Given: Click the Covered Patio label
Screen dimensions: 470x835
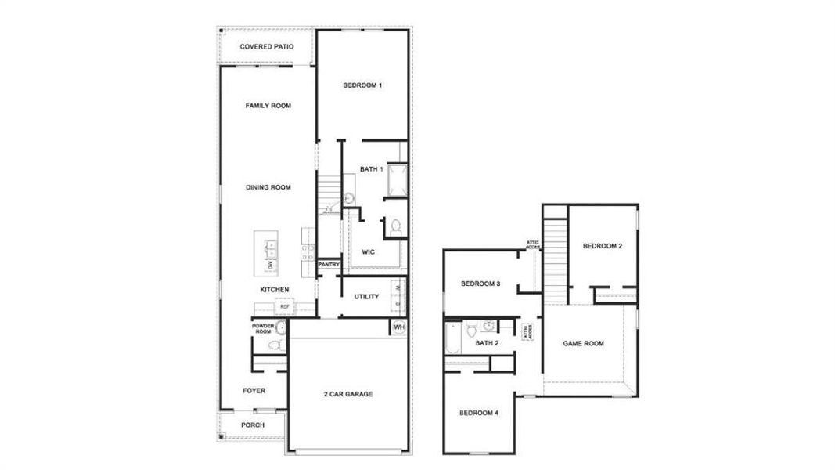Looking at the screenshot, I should tap(267, 47).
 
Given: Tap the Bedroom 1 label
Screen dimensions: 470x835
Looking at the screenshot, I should tap(362, 85).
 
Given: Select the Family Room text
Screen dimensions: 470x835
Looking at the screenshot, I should tap(268, 106).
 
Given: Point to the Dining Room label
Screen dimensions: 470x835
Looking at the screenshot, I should tap(268, 188).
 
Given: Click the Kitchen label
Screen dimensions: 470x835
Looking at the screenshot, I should tap(275, 290).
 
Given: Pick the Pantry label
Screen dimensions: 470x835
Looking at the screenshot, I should tap(329, 265).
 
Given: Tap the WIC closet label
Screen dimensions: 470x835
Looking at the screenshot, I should tap(368, 252).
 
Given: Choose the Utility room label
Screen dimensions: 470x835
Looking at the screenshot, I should tap(366, 297).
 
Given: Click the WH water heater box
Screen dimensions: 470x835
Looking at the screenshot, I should tap(398, 327).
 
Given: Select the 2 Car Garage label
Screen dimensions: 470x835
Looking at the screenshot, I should tap(347, 394).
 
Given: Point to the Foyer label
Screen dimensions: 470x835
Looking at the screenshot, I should tap(254, 390).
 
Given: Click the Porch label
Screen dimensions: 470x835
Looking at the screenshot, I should tap(253, 425).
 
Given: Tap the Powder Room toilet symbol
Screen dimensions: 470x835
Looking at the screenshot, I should tap(275, 345).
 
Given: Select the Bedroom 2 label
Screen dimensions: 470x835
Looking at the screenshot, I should tap(603, 247).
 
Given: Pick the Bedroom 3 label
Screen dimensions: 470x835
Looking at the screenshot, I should tap(480, 284).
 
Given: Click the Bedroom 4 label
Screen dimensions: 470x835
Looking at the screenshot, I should tap(478, 413).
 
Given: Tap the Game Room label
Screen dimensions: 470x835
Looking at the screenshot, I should tap(584, 344).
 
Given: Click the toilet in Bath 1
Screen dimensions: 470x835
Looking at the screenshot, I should tap(396, 227).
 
